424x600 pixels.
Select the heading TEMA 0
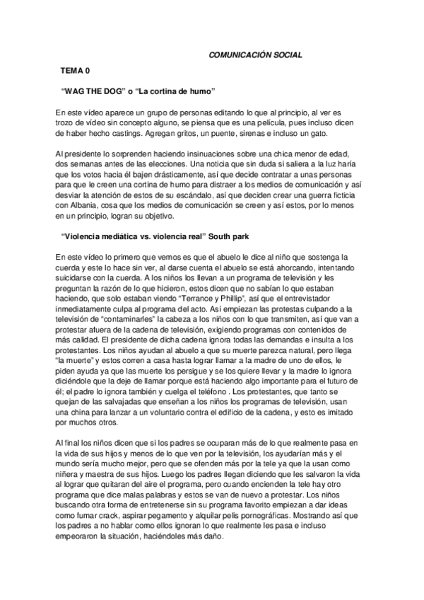75,71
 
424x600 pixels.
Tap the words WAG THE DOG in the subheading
93,92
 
